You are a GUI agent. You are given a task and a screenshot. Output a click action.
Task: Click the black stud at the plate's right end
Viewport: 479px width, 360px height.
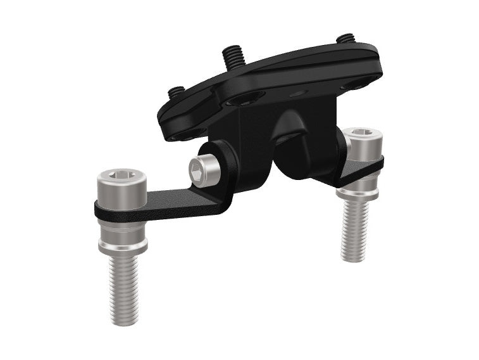(x=345, y=39)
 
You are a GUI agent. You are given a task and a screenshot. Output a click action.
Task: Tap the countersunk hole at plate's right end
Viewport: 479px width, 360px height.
(x=350, y=85)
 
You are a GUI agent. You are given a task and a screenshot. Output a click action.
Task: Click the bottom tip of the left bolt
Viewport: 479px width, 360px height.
(x=124, y=322)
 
